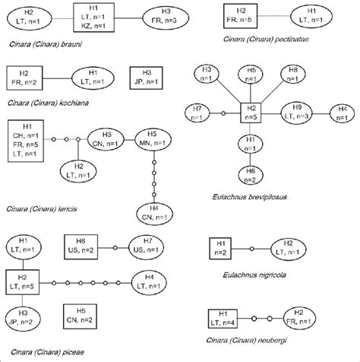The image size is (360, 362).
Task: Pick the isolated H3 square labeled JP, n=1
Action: [x=146, y=76]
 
